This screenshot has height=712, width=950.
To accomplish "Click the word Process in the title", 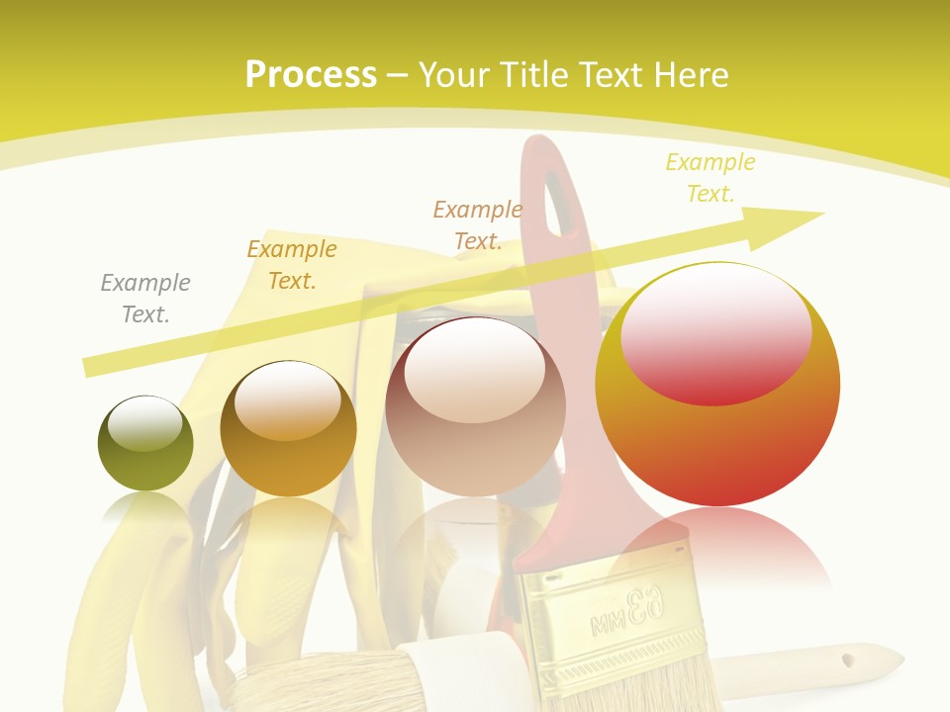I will coord(311,74).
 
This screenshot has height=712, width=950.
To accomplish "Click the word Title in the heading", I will coord(531,74).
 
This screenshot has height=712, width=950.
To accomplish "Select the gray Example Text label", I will coord(145,299).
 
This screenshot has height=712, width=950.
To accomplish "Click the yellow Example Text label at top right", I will coord(710,178).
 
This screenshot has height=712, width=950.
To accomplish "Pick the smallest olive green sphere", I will coord(145,443).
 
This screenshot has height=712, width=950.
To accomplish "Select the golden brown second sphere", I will coord(288,428).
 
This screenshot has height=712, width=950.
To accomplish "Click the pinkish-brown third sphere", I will coord(475,406).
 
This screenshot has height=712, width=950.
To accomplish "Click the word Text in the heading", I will coord(612,74).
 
